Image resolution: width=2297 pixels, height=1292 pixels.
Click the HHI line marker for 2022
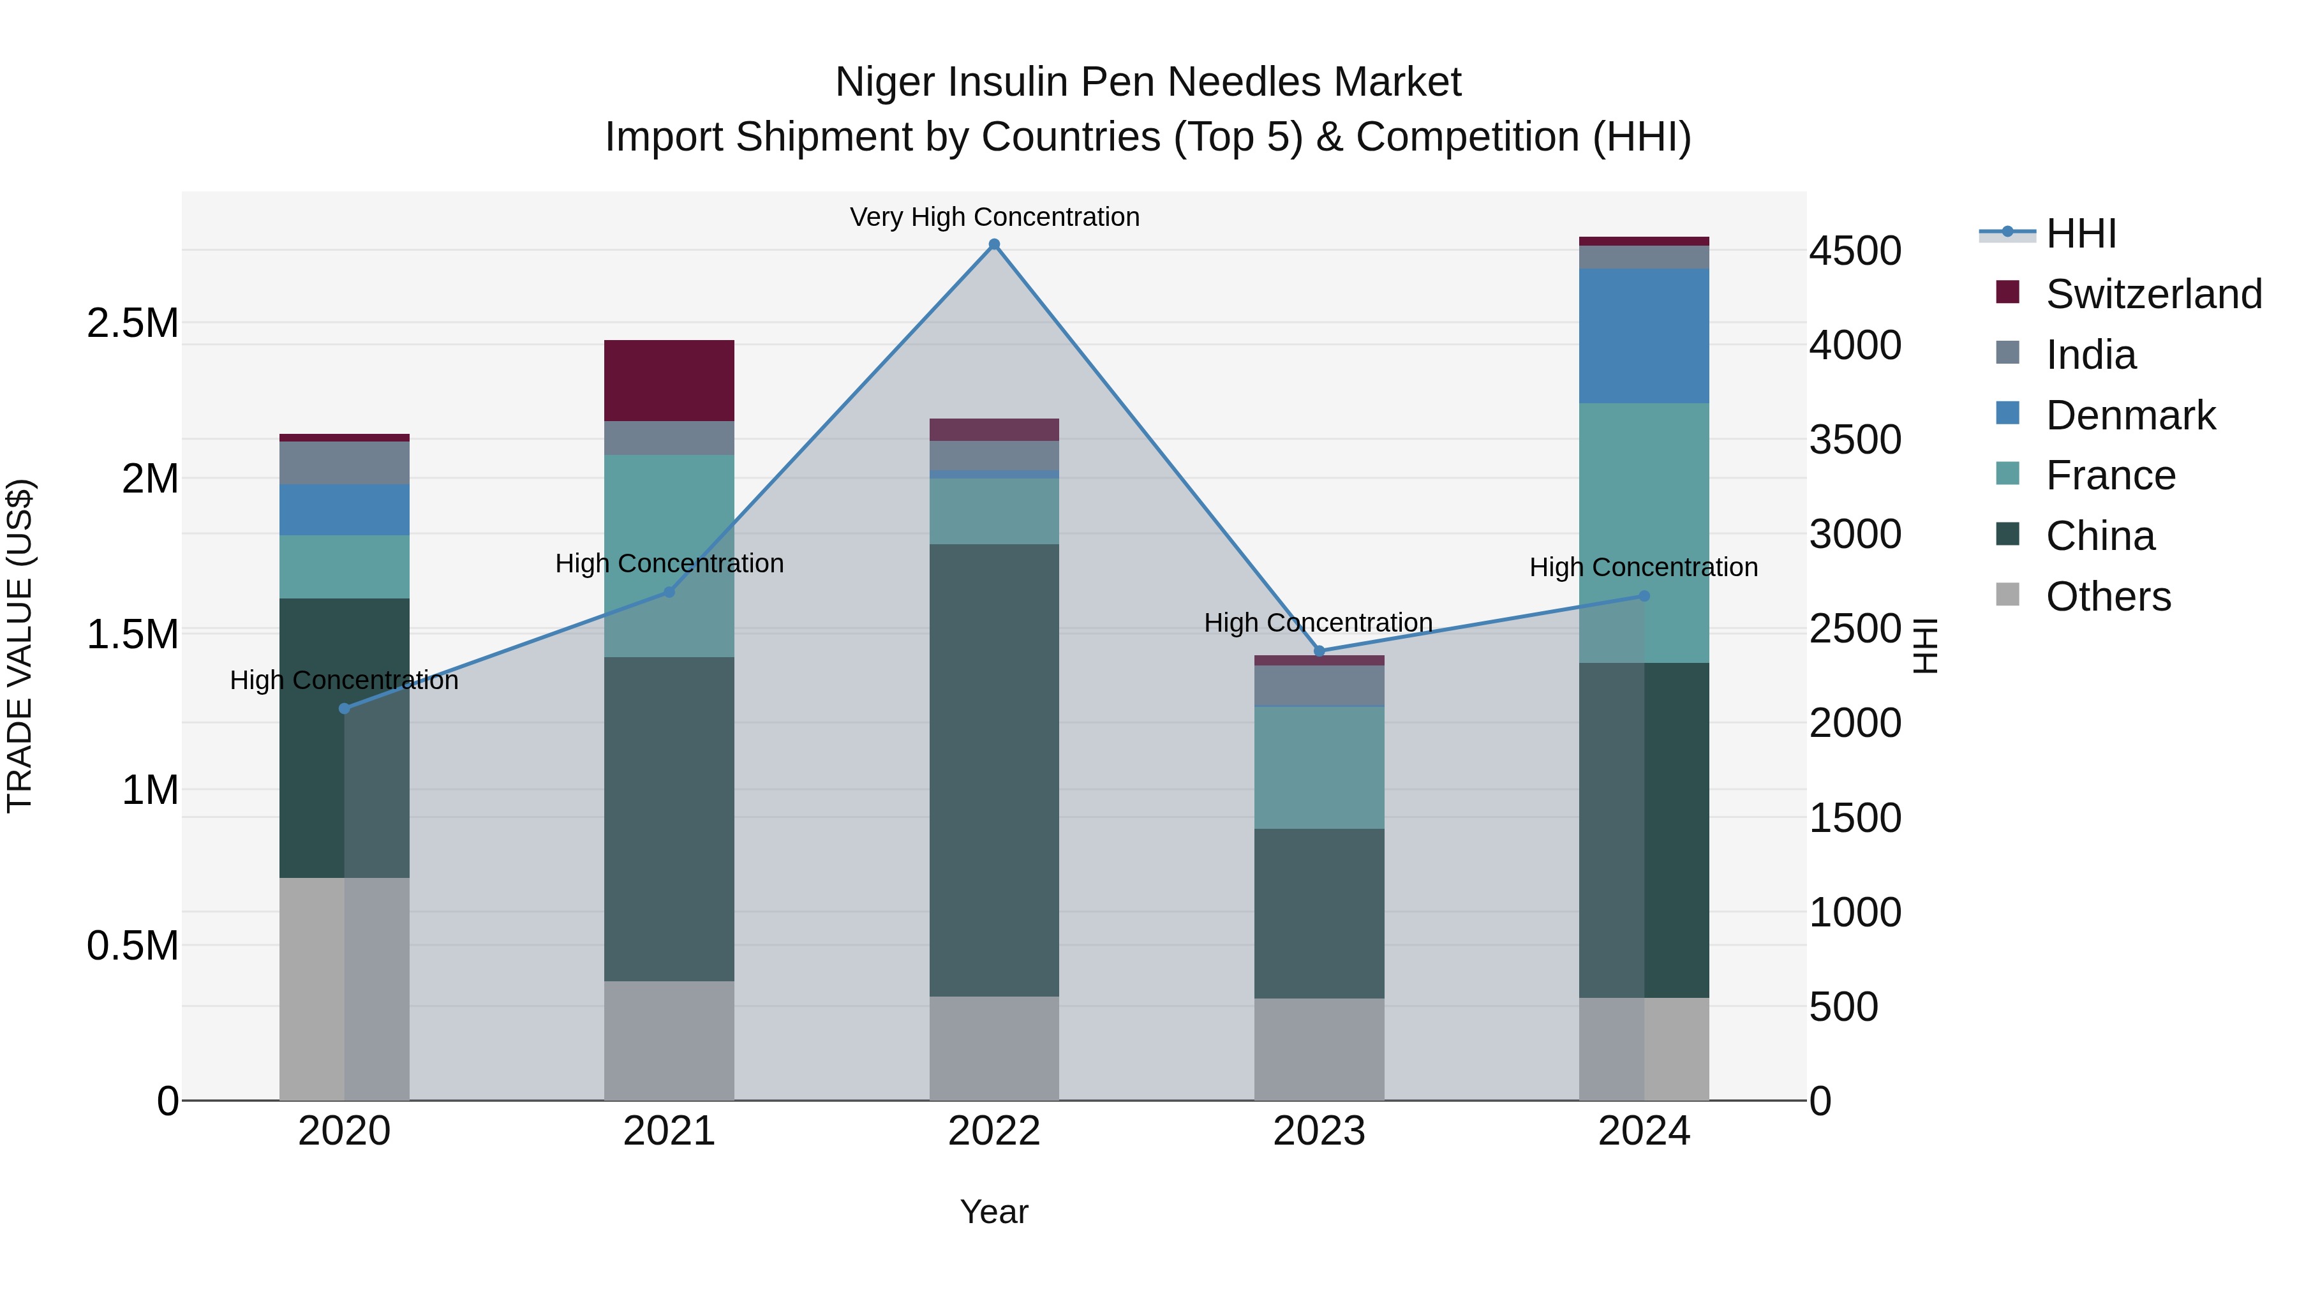(994, 244)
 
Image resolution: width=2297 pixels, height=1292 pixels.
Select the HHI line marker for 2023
(1319, 651)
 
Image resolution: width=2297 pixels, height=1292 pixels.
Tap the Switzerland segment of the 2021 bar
(669, 380)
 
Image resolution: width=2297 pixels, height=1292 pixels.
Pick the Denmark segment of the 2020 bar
(344, 509)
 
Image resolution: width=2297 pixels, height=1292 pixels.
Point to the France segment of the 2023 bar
(1319, 767)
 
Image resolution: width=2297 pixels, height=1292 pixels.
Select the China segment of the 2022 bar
(994, 769)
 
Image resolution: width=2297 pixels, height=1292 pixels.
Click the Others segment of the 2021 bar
(669, 1040)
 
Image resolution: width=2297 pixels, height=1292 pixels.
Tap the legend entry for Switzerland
(2153, 294)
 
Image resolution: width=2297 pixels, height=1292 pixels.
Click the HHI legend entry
(2079, 234)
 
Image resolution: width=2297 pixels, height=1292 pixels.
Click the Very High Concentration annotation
(994, 217)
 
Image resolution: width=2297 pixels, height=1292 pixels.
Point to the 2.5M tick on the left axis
(132, 323)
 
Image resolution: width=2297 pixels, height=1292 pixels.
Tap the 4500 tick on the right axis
(1855, 251)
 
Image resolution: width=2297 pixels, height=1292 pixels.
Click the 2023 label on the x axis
(1319, 1131)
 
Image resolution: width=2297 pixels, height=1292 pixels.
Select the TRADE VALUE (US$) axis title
(20, 646)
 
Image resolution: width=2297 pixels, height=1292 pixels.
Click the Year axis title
(993, 1212)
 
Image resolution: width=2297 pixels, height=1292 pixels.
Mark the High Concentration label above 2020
(344, 680)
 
